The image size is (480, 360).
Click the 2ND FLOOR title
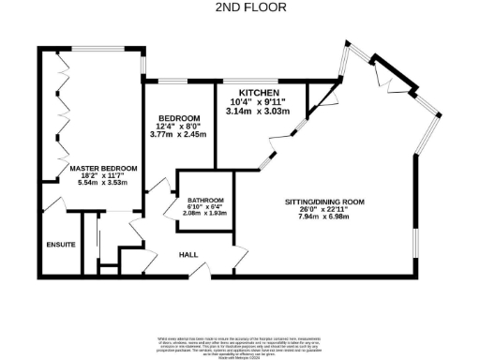click(239, 7)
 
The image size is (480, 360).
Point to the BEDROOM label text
click(178, 117)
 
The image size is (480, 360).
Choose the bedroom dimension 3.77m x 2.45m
click(178, 135)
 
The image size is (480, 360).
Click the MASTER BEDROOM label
click(103, 169)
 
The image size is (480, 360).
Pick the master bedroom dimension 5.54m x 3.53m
click(103, 184)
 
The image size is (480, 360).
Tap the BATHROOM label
click(203, 201)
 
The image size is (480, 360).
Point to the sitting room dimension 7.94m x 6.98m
click(325, 217)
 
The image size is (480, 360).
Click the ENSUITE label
click(60, 245)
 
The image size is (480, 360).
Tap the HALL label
click(189, 254)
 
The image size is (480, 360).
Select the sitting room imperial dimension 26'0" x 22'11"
click(325, 210)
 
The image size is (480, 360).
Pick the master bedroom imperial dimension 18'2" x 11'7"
click(103, 176)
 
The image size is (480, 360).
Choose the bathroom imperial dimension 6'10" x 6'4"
click(203, 207)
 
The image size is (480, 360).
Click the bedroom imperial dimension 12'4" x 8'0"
click(178, 127)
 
